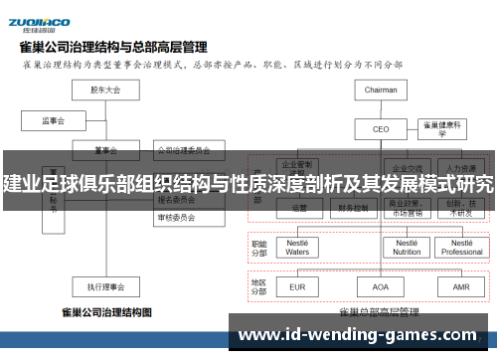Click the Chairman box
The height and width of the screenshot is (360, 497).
coord(381,90)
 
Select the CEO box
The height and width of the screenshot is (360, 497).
coord(381,129)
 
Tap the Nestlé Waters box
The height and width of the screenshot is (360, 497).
coord(298,247)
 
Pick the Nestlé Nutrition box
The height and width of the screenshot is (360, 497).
coord(406,247)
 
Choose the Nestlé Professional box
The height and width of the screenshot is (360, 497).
coord(461,247)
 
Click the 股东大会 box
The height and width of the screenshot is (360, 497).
coord(104,90)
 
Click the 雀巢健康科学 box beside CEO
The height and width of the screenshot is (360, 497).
coord(444,127)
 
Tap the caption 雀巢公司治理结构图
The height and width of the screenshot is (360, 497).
coord(106,313)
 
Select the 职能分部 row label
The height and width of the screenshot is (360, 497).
coord(260,247)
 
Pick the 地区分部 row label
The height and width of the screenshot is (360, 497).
coord(260,286)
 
